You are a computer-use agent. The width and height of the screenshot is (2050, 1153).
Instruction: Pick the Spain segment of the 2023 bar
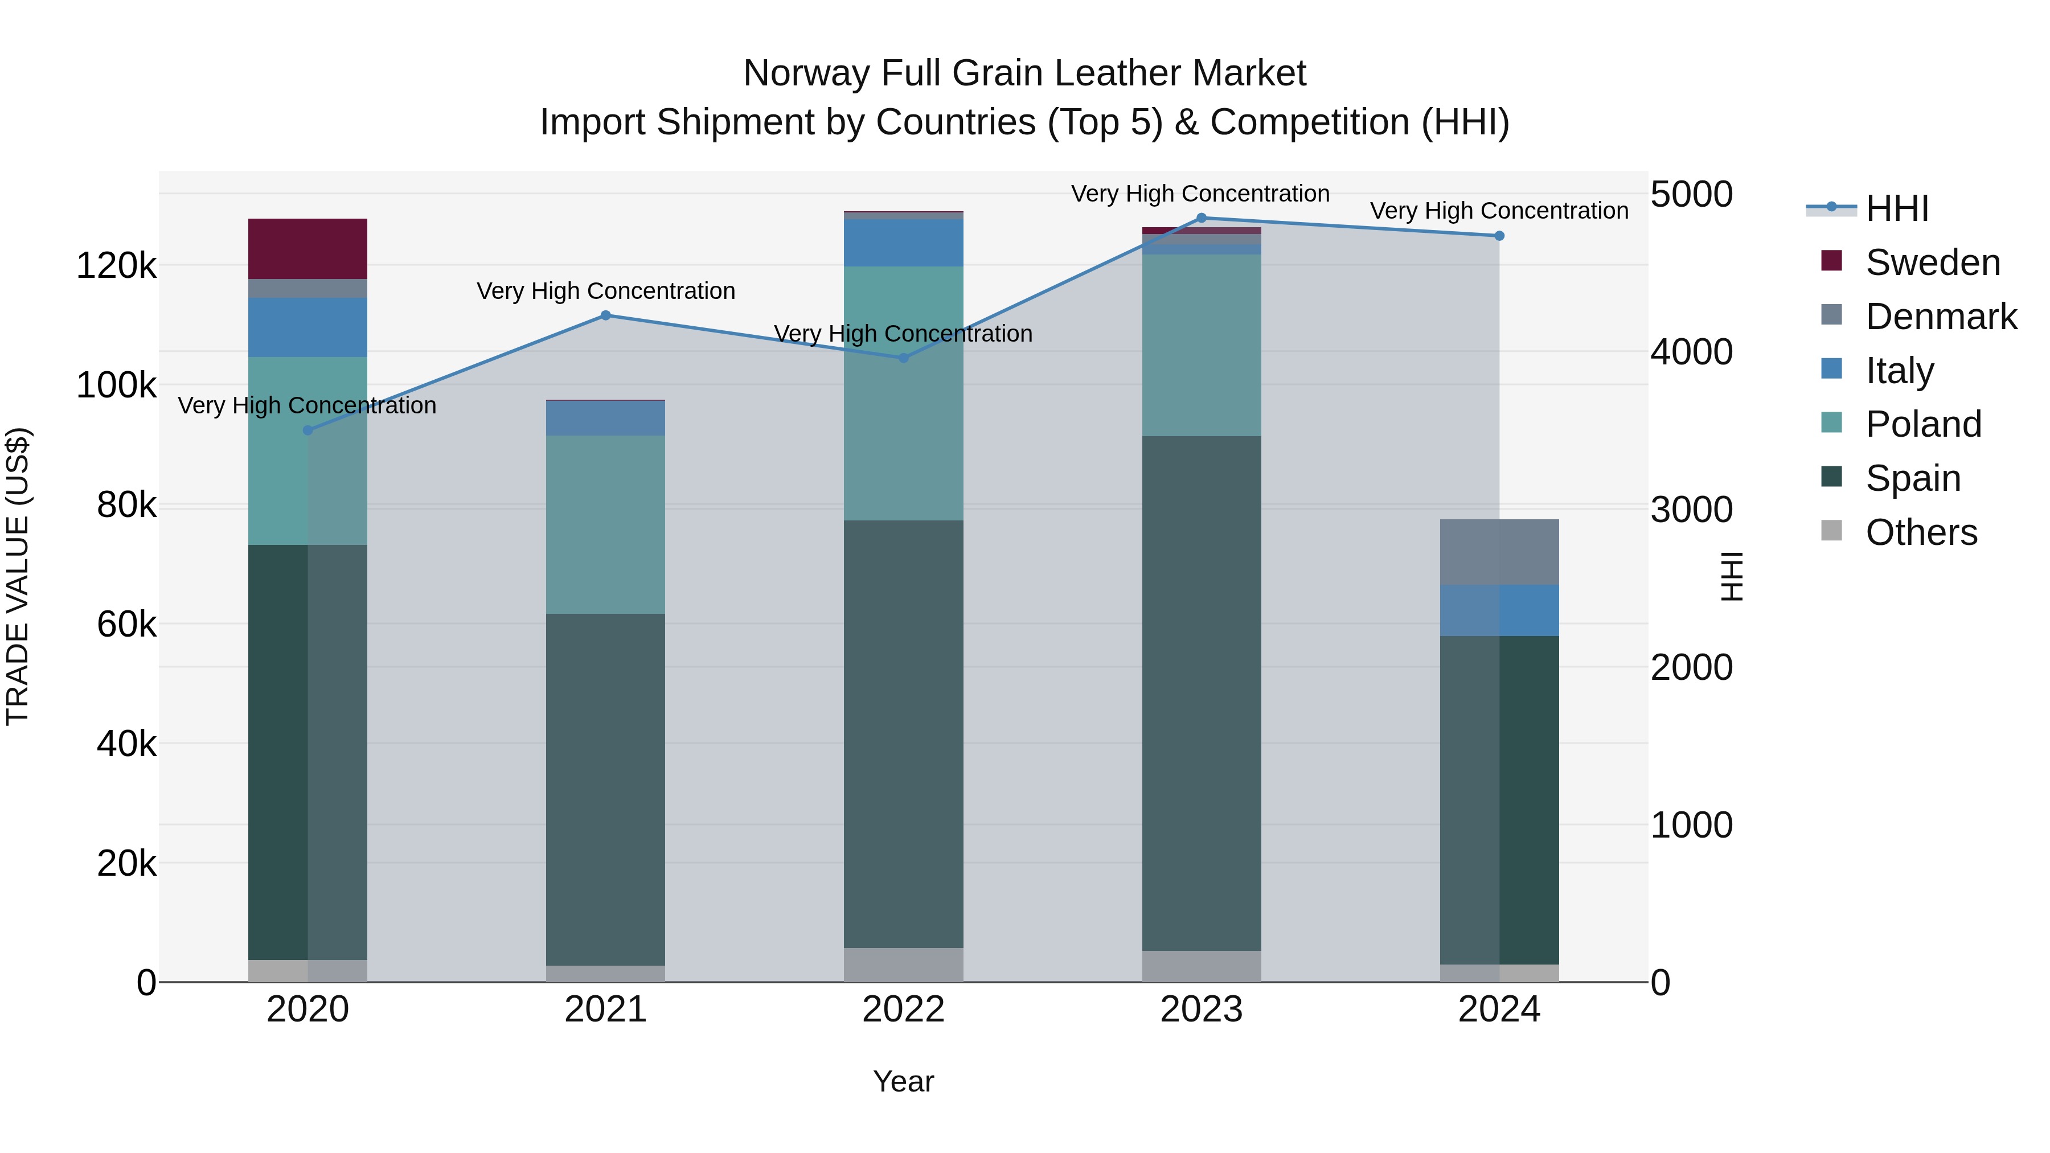click(1201, 692)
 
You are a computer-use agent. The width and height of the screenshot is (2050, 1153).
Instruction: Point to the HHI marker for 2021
click(606, 315)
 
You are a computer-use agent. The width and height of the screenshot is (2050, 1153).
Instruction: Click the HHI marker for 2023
click(1202, 218)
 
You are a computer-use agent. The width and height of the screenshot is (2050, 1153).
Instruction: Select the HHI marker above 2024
click(1499, 236)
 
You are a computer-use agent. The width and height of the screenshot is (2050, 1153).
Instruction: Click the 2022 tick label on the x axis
click(903, 1010)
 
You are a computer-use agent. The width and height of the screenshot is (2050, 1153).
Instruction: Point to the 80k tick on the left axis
click(126, 505)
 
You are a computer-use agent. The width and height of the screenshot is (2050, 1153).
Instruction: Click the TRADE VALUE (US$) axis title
click(18, 576)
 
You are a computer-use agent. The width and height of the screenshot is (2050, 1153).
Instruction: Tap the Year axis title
click(903, 1081)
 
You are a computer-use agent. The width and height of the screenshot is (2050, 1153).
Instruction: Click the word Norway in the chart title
click(806, 73)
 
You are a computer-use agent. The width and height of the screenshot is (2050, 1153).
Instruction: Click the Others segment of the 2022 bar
click(903, 965)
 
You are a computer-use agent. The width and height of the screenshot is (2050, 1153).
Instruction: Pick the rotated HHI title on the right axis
click(1732, 576)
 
